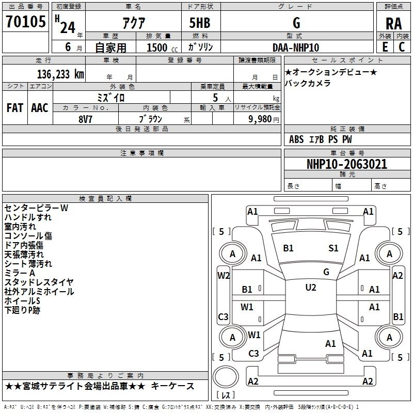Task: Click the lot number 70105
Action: (x=25, y=22)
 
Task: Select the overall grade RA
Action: (x=393, y=24)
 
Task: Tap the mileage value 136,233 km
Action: (x=60, y=74)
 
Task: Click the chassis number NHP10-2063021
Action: (x=347, y=164)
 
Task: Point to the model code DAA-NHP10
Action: (x=296, y=47)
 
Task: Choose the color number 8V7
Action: (x=85, y=119)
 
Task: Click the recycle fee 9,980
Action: (x=260, y=119)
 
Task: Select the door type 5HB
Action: (x=200, y=23)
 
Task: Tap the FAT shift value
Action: (x=15, y=108)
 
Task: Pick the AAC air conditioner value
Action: (x=40, y=108)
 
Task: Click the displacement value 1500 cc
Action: (x=162, y=47)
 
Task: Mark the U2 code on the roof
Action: (x=311, y=288)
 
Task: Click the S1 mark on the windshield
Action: (x=333, y=248)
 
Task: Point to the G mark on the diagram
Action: (x=326, y=272)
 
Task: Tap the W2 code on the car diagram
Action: (x=224, y=276)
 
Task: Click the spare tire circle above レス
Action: (x=226, y=377)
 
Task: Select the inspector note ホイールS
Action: (x=22, y=301)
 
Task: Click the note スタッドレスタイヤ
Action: (x=39, y=282)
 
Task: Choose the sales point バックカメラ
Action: (x=308, y=83)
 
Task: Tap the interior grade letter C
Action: (x=402, y=47)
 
